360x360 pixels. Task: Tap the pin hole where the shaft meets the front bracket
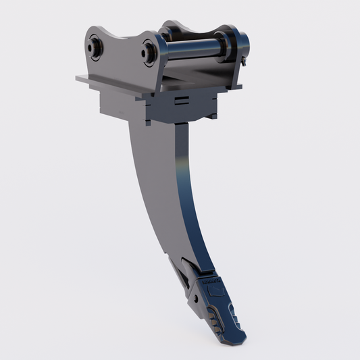(x=149, y=51)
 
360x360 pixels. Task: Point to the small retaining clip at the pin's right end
(x=244, y=61)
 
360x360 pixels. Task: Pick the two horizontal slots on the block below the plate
(x=180, y=101)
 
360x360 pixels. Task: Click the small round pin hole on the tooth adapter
(x=193, y=297)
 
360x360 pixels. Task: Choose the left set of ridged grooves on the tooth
(x=215, y=318)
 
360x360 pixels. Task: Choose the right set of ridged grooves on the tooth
(x=234, y=313)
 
